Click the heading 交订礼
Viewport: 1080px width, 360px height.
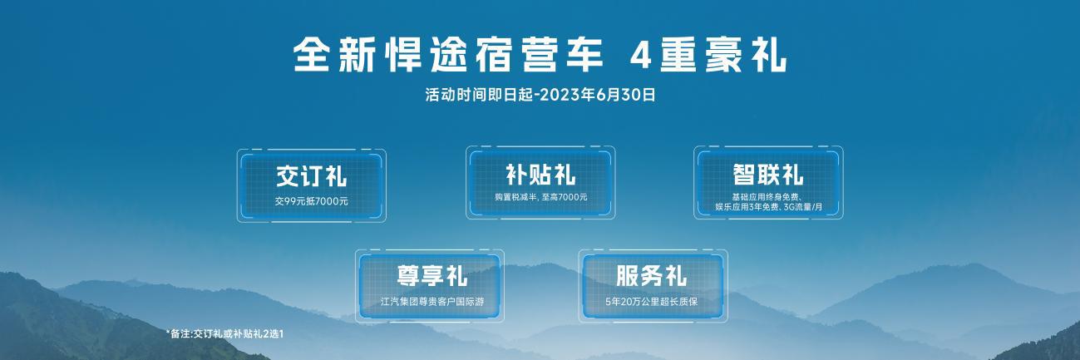pos(311,175)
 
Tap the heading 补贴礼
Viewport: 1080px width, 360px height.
pos(540,175)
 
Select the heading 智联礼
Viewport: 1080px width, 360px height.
pos(768,175)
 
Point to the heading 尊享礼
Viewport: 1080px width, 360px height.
pos(432,276)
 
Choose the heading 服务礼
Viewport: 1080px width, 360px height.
pos(651,276)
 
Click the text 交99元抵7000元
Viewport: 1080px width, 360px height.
pos(312,201)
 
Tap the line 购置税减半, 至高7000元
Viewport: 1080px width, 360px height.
pos(541,196)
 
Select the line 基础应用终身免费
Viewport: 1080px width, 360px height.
pos(767,197)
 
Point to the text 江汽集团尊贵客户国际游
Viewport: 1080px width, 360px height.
pos(432,302)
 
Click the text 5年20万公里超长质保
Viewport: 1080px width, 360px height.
pos(651,302)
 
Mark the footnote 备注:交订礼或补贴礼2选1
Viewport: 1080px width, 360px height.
pos(227,333)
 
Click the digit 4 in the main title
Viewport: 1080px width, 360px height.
pos(641,57)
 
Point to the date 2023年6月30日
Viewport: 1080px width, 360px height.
pos(597,95)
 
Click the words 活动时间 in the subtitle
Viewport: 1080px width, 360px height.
pos(456,95)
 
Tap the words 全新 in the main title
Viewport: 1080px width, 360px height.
pos(334,56)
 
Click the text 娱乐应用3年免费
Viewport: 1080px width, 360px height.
pos(747,207)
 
